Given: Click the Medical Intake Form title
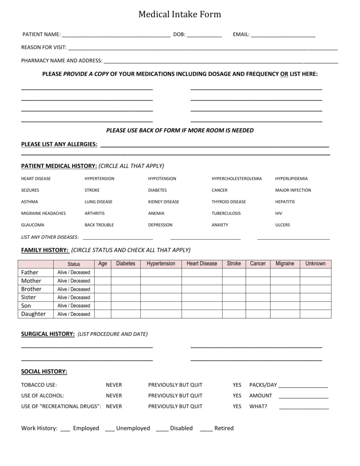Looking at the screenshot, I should [x=180, y=15].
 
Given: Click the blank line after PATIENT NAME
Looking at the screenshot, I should [x=116, y=35].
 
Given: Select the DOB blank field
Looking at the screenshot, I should [x=204, y=35].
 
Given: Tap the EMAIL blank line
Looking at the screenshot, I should [x=283, y=35].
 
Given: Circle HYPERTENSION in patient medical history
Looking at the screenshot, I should [x=99, y=179].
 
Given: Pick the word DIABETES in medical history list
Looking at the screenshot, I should [x=157, y=190].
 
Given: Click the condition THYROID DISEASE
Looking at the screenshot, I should [x=228, y=202].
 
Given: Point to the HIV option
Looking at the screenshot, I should [x=279, y=213].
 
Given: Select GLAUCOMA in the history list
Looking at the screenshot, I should [x=33, y=225].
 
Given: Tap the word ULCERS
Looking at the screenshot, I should [x=282, y=225].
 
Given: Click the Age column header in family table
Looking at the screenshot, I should [x=103, y=263].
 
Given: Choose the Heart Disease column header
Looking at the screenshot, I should [x=202, y=263].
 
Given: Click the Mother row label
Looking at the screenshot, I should [x=31, y=281].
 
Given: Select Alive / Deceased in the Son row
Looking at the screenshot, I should [x=74, y=306].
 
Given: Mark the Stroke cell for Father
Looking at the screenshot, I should [x=234, y=272].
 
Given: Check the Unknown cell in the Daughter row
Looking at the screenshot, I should [x=315, y=314].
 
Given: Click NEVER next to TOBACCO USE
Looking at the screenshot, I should [x=114, y=385].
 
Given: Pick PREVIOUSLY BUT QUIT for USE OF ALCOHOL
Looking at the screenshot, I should [x=175, y=395].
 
